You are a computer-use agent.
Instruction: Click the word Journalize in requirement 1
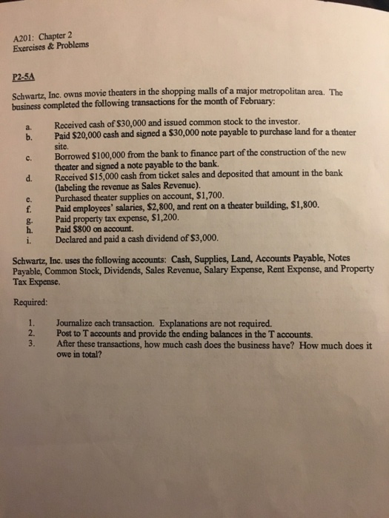(81, 323)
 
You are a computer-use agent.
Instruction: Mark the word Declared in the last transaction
(73, 238)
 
